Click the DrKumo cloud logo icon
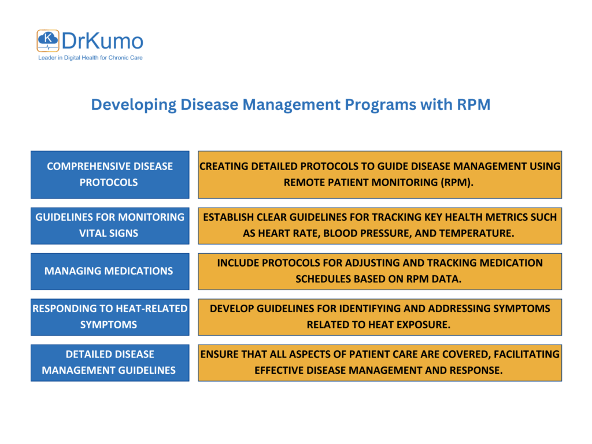point(47,41)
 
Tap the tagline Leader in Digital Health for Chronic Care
point(90,58)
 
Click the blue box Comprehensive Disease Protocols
point(110,174)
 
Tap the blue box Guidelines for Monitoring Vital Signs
point(110,225)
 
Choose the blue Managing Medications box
point(110,271)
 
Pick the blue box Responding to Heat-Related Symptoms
point(110,316)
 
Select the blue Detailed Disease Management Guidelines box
point(110,362)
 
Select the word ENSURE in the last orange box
point(220,354)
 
